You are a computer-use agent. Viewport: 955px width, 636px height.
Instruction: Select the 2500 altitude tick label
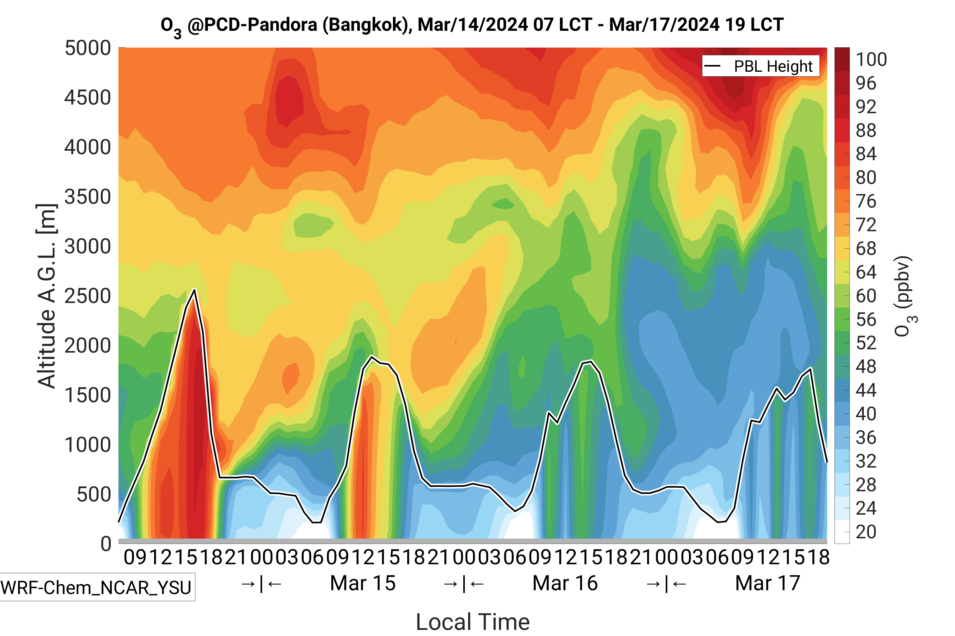tap(88, 296)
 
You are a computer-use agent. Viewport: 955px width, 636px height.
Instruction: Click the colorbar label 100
tap(871, 60)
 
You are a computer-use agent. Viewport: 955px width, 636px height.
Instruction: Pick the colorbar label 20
tap(866, 532)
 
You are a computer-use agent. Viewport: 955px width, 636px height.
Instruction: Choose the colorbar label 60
tap(866, 296)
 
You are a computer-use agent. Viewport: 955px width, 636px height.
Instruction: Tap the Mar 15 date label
tap(363, 583)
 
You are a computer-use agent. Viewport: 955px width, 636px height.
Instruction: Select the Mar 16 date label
tap(565, 583)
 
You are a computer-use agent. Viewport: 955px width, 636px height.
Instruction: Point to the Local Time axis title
tap(473, 622)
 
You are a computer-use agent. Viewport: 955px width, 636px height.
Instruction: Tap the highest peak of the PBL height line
tap(195, 290)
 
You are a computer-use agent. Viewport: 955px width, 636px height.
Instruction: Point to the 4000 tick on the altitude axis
tap(88, 147)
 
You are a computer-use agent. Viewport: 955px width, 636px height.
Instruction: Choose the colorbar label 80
tap(866, 178)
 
